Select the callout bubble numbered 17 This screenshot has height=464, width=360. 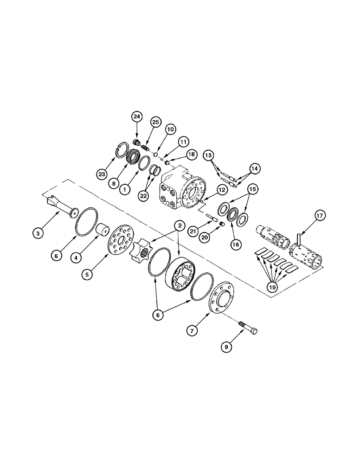[321, 215]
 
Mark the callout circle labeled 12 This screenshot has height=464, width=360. [221, 189]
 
